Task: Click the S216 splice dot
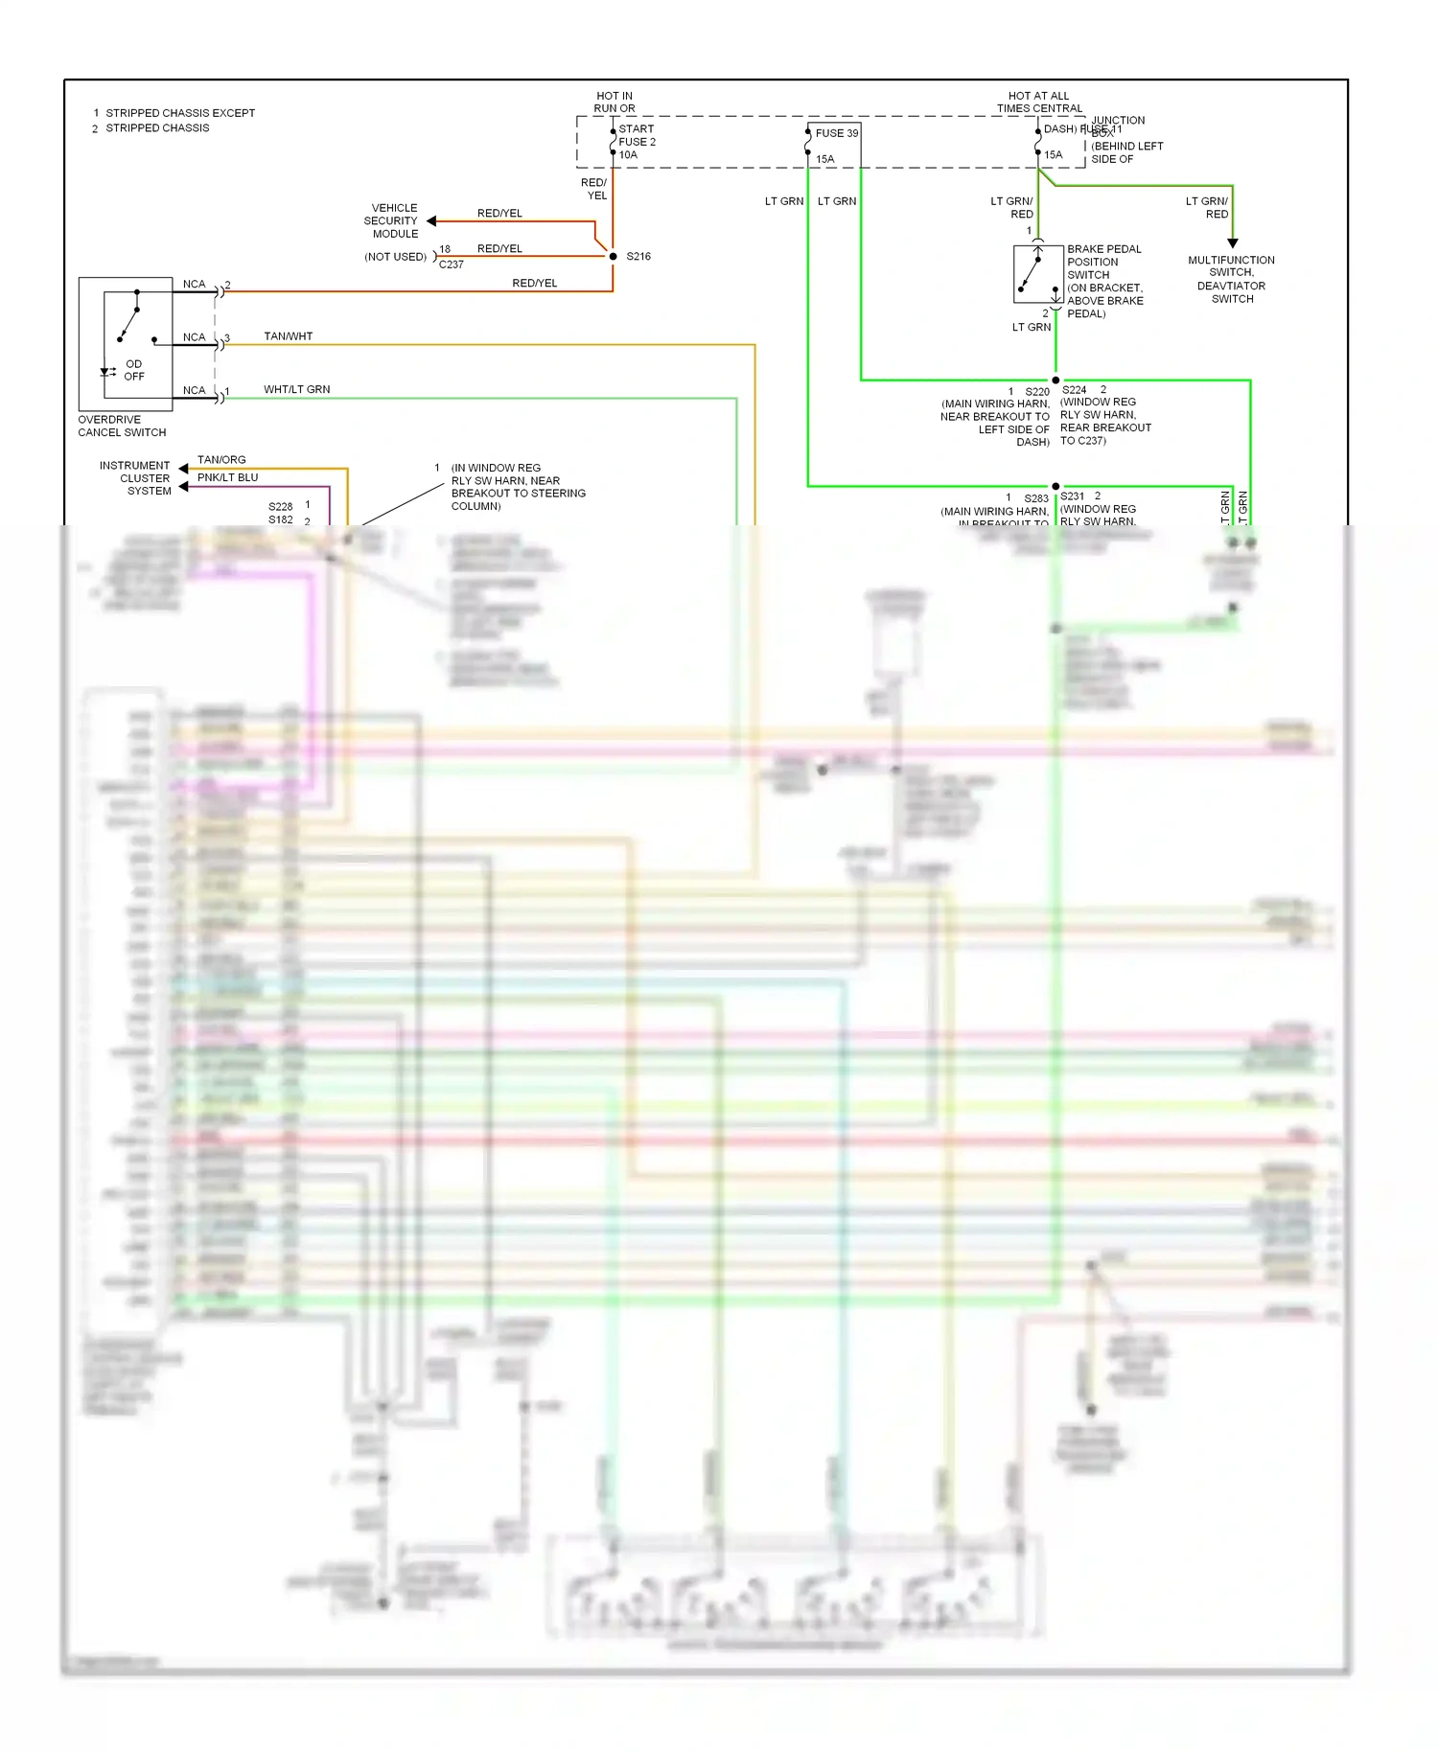(x=614, y=256)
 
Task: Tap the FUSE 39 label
(x=836, y=133)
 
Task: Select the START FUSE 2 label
(x=637, y=135)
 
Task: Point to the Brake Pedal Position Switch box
(x=1038, y=274)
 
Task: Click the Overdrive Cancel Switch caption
(x=122, y=426)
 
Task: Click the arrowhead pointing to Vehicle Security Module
(x=431, y=221)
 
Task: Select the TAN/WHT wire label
(x=288, y=336)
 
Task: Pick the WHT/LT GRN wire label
(x=296, y=389)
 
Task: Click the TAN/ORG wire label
(x=221, y=460)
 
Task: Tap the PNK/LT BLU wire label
(x=227, y=477)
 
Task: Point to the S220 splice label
(x=1036, y=392)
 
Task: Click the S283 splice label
(x=1035, y=498)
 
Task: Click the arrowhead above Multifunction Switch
(x=1233, y=243)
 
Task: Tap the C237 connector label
(x=451, y=265)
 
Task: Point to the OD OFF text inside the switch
(x=133, y=370)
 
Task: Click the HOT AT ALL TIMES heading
(x=1038, y=102)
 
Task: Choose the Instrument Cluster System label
(x=135, y=478)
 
